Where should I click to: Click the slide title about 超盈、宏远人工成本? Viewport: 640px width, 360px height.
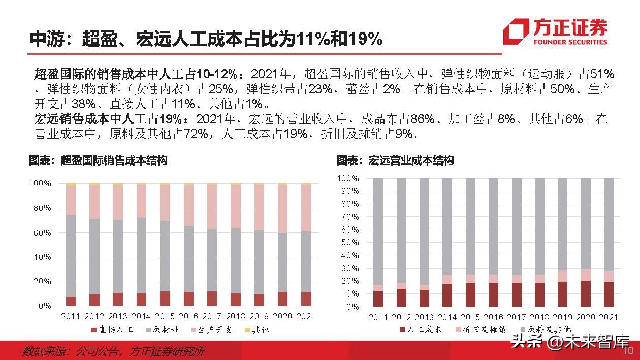click(x=205, y=39)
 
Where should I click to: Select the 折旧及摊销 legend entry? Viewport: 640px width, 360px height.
click(x=482, y=330)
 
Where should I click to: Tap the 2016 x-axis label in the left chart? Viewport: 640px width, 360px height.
click(x=188, y=316)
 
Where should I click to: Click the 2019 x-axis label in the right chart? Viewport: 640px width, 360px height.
click(x=563, y=317)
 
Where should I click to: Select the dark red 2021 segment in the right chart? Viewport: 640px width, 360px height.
click(x=608, y=294)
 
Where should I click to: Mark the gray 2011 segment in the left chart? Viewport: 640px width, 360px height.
click(x=71, y=255)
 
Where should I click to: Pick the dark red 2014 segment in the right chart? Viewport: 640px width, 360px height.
click(x=447, y=295)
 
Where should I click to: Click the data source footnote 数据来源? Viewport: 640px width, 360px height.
click(x=114, y=351)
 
